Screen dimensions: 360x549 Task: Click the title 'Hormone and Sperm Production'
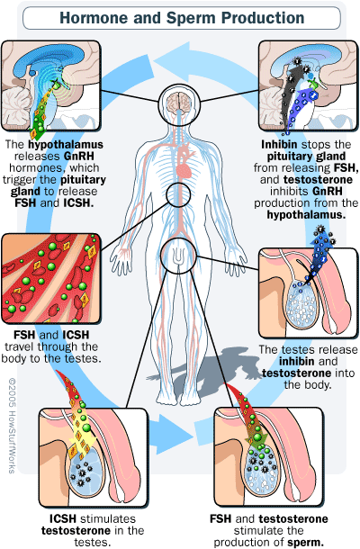point(182,18)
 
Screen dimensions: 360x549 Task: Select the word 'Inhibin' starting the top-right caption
point(279,145)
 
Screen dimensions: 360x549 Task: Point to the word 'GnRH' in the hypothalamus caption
point(79,157)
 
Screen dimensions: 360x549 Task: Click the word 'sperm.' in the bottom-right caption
point(306,543)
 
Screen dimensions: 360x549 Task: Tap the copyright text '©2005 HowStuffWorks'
point(13,425)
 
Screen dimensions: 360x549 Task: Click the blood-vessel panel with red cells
point(51,279)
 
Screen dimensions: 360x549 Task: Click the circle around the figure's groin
point(161,254)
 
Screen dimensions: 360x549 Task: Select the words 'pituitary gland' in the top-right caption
point(306,157)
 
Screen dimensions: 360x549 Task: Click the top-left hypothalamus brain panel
point(51,86)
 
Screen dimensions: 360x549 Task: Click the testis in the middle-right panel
point(301,304)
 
